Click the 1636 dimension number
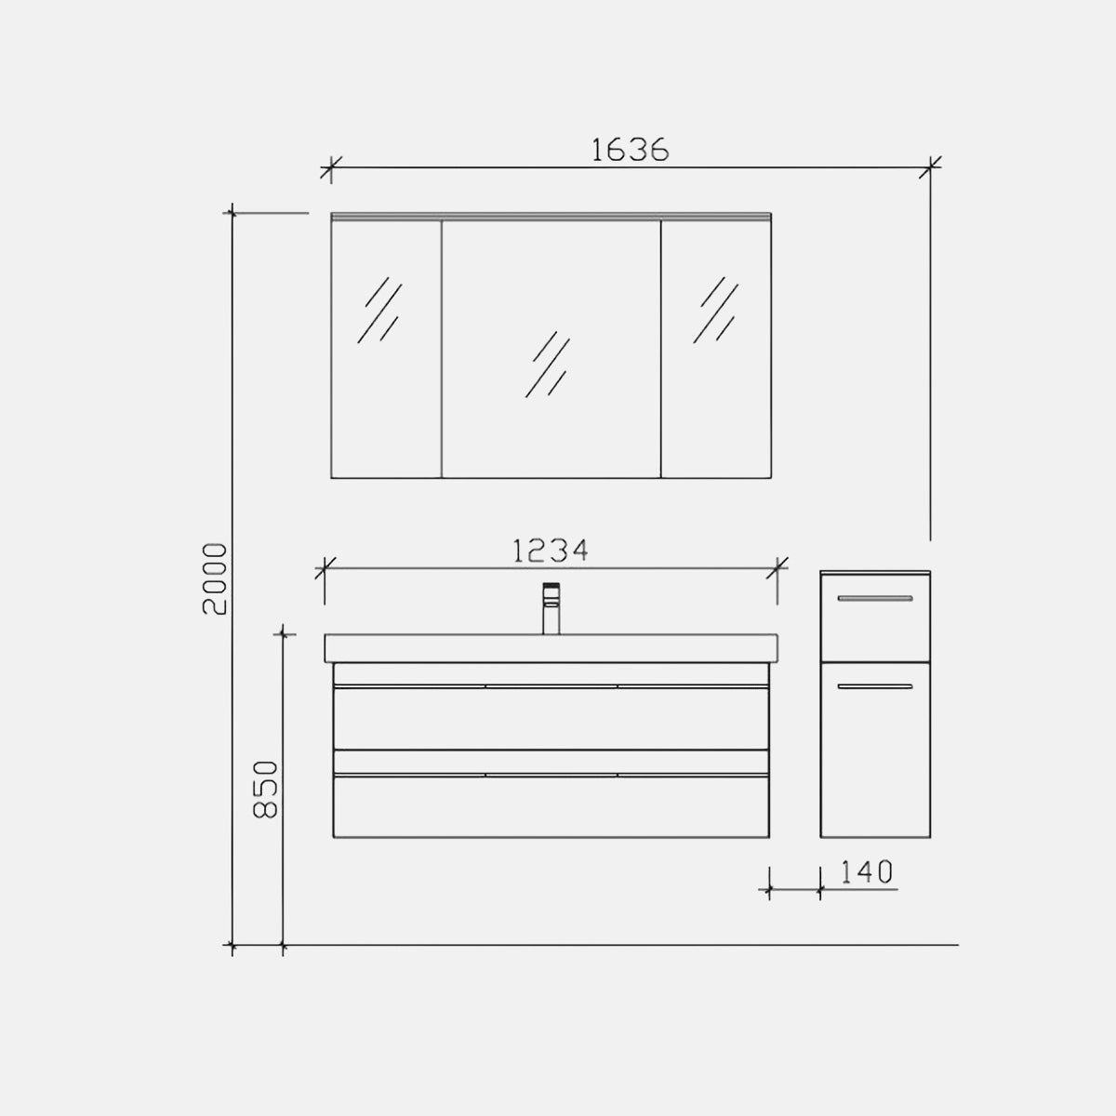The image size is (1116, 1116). (x=631, y=150)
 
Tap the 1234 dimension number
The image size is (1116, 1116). (x=551, y=551)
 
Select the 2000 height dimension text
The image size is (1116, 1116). (x=214, y=578)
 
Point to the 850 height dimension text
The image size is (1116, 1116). (x=266, y=790)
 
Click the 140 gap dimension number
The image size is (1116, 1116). (x=866, y=872)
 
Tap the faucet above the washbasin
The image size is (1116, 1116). (x=551, y=608)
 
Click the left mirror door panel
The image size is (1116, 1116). (x=386, y=349)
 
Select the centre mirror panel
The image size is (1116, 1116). (x=551, y=349)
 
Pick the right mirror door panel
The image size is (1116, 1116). (x=716, y=349)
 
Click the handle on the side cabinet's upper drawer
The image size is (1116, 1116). (x=875, y=598)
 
